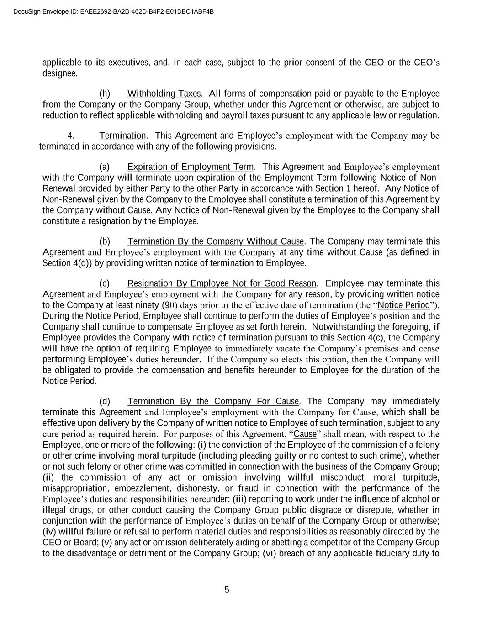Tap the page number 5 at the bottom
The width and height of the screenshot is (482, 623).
(x=227, y=590)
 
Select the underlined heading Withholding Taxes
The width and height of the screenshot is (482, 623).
(x=164, y=94)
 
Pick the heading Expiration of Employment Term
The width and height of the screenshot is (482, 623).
(x=191, y=167)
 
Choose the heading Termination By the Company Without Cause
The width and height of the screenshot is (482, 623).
(x=216, y=241)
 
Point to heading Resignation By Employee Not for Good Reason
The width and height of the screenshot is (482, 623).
(x=222, y=283)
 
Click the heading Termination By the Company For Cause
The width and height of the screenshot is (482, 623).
(x=213, y=401)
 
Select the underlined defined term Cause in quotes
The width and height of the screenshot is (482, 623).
(x=305, y=434)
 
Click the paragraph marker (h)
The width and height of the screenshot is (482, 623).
(x=105, y=94)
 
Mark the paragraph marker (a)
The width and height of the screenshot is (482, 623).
(x=105, y=167)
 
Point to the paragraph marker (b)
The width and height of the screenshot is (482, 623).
(x=105, y=241)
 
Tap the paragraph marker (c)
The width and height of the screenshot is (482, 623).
(x=105, y=283)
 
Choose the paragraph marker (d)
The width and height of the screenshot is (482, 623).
(x=105, y=401)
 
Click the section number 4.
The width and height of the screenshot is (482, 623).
(x=71, y=136)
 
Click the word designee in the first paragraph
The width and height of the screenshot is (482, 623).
(x=59, y=73)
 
